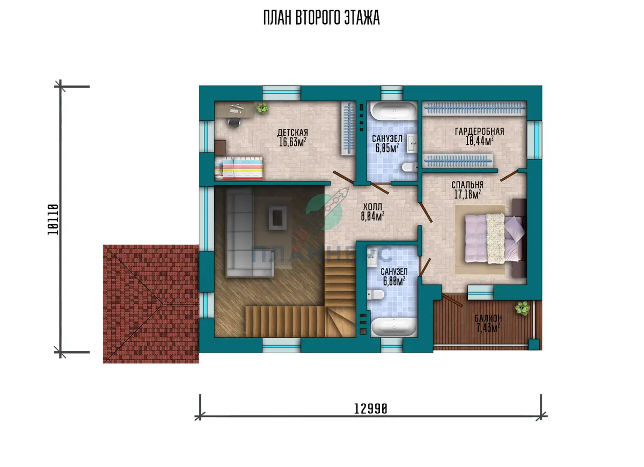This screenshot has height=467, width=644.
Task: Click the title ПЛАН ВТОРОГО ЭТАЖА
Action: [x=321, y=18]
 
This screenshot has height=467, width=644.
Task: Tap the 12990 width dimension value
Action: [x=371, y=408]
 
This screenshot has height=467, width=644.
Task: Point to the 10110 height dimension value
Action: [x=53, y=220]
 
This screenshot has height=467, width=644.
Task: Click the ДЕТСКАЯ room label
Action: [x=292, y=133]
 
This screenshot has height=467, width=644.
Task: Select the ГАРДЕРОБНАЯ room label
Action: [x=480, y=132]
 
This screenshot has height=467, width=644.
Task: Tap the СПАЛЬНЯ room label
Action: [x=467, y=185]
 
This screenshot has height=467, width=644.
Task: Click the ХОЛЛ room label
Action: [x=372, y=207]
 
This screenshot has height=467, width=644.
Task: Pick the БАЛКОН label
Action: [x=488, y=318]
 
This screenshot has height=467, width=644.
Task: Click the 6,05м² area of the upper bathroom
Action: [x=387, y=148]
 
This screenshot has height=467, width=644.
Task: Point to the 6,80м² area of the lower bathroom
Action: [x=394, y=281]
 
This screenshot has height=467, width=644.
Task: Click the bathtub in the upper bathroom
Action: [x=393, y=111]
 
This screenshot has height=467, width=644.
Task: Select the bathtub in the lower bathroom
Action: [x=393, y=327]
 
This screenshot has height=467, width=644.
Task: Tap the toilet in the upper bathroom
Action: [x=409, y=167]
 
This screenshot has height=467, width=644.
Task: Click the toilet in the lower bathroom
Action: [x=376, y=295]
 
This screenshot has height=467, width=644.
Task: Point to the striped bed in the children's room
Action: [x=239, y=168]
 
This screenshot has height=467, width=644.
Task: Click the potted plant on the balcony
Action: [x=522, y=308]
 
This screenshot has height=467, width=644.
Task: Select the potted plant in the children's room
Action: [x=262, y=108]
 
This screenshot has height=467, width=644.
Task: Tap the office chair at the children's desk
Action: [x=235, y=122]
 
